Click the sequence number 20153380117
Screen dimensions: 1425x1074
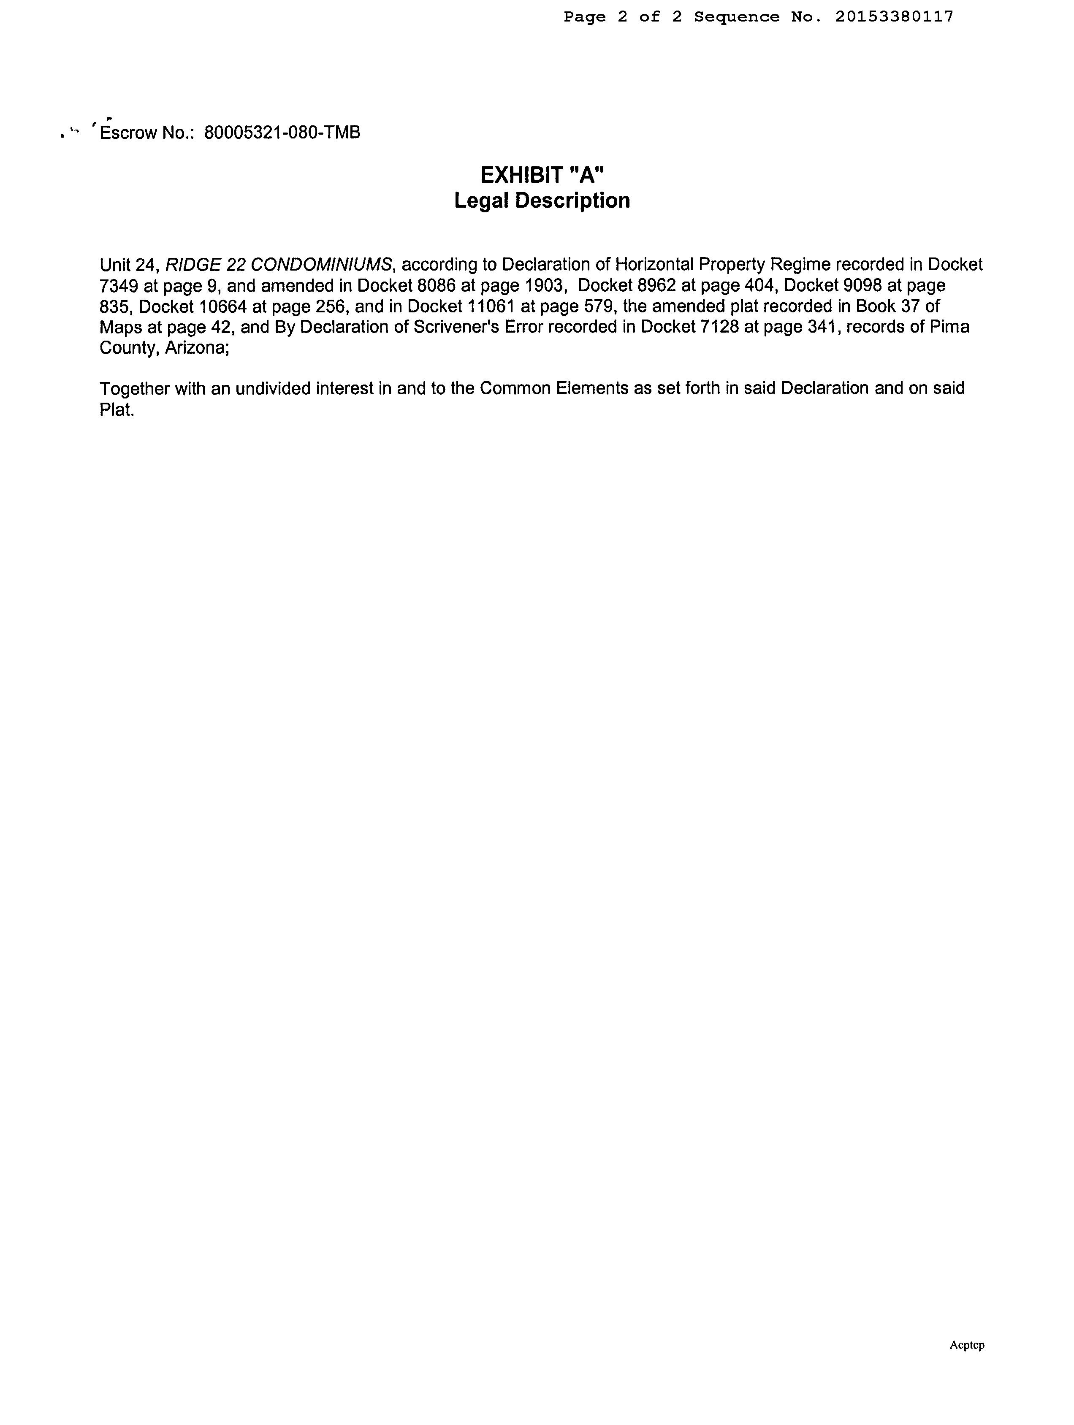(x=894, y=17)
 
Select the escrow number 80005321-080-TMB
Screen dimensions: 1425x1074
(x=282, y=133)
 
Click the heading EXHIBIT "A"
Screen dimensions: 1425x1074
(x=542, y=175)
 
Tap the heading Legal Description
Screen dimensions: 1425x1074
(x=542, y=200)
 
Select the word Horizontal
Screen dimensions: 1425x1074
(x=654, y=265)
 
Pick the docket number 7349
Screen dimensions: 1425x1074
(x=119, y=285)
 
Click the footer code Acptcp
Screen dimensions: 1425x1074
(x=966, y=1345)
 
